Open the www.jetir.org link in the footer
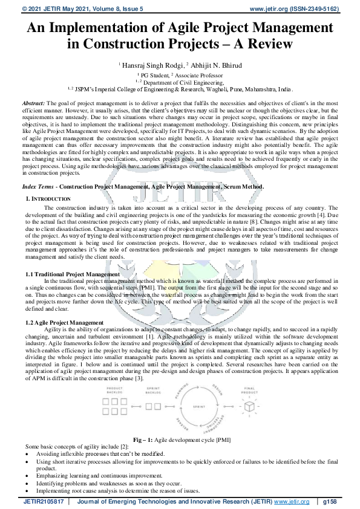[x=289, y=502]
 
